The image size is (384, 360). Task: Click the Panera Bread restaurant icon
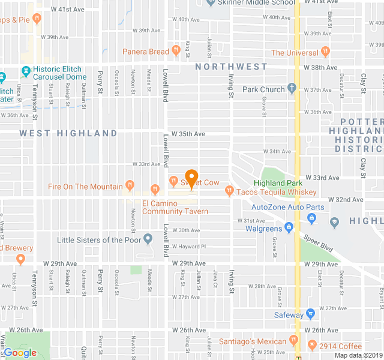tap(176, 52)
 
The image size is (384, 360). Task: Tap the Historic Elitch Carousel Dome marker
tap(25, 71)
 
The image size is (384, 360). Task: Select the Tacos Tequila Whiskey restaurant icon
tap(229, 191)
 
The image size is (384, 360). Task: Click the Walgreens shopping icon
tap(289, 228)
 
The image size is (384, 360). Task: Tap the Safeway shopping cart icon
tap(310, 313)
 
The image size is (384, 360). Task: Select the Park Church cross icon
tap(292, 89)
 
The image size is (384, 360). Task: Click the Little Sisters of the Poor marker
tap(148, 240)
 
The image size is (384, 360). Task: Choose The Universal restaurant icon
tap(326, 52)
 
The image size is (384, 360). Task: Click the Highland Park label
tap(278, 183)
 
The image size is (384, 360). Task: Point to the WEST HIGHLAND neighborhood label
tap(68, 133)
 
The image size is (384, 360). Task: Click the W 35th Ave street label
tap(188, 134)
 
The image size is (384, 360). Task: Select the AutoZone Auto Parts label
tap(287, 208)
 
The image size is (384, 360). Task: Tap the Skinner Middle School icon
tap(209, 2)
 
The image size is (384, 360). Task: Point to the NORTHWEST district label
tap(231, 67)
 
